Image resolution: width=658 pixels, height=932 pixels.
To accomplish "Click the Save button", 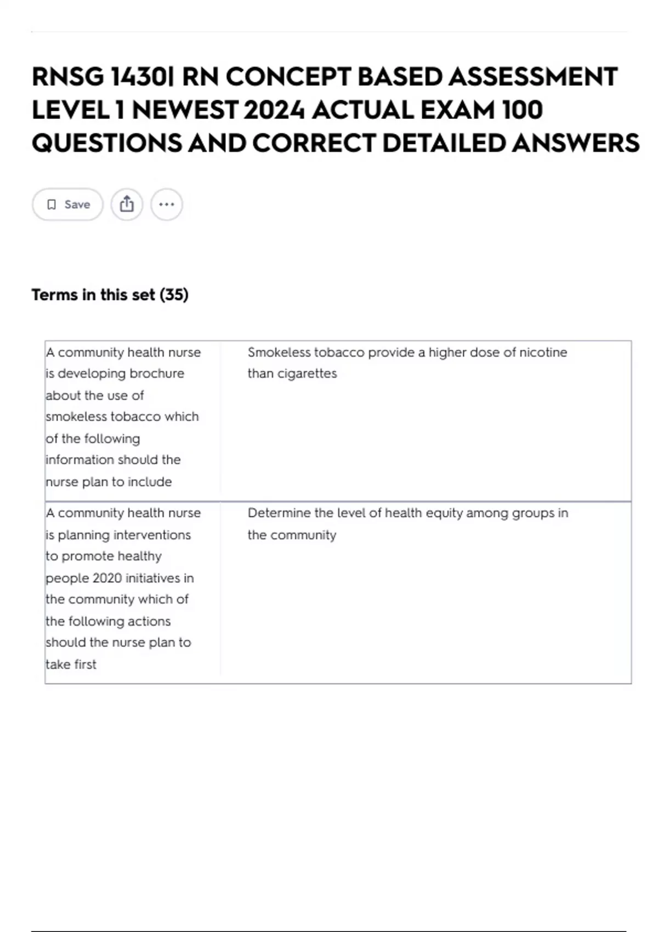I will [67, 204].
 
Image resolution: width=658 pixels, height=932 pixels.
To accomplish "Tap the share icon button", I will [127, 204].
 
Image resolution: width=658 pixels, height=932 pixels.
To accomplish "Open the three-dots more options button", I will [166, 204].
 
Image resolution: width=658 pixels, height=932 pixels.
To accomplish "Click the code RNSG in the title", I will [67, 77].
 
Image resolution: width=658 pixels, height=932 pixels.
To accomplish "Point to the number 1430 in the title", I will [141, 77].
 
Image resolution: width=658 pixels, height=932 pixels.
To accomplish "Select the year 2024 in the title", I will [274, 110].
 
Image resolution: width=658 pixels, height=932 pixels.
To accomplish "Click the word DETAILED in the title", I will [444, 144].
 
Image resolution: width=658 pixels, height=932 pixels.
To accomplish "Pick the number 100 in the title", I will [522, 110].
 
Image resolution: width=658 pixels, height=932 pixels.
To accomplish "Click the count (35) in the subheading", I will [174, 295].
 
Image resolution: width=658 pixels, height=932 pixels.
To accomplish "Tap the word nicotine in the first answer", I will [543, 352].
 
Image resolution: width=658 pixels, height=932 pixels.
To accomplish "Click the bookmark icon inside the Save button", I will [52, 204].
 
